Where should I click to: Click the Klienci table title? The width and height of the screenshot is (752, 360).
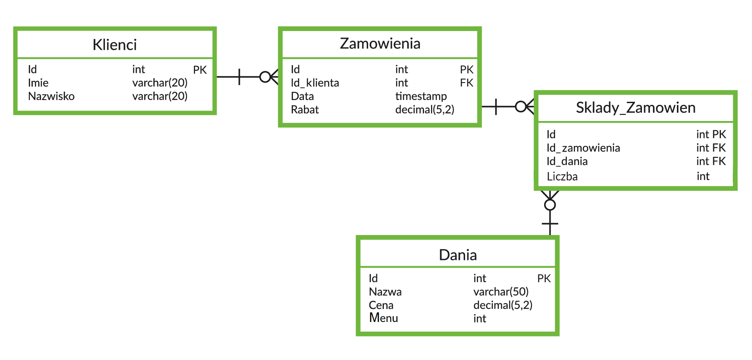[x=114, y=45]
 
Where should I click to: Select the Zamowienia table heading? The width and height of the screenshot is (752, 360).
[x=380, y=43]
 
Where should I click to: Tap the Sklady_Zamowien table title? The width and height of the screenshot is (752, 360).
[x=635, y=107]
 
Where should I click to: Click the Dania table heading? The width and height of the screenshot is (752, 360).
[x=458, y=255]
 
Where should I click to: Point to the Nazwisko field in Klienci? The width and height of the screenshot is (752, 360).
[x=51, y=96]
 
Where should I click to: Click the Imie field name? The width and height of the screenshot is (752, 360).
[x=38, y=83]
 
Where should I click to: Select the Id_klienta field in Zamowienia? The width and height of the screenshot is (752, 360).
[x=315, y=83]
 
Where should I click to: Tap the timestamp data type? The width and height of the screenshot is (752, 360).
[x=421, y=96]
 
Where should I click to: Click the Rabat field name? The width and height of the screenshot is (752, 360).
[x=305, y=110]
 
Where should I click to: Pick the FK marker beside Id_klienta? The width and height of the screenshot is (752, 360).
[x=466, y=83]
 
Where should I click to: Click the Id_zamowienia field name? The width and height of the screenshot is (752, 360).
[x=583, y=148]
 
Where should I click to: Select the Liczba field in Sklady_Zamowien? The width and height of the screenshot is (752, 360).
[x=562, y=177]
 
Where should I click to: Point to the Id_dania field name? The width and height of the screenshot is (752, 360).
[x=567, y=161]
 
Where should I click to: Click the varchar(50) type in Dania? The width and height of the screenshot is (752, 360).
[x=501, y=291]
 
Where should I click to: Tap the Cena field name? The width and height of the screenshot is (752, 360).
[x=381, y=305]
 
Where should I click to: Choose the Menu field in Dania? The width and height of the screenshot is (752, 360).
[x=383, y=318]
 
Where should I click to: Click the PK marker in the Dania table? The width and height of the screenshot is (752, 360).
[x=544, y=278]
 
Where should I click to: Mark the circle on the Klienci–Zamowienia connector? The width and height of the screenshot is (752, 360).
[x=265, y=77]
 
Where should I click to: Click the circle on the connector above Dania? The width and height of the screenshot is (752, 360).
[x=550, y=204]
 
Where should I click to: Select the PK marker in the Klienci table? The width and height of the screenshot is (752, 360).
[x=200, y=70]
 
